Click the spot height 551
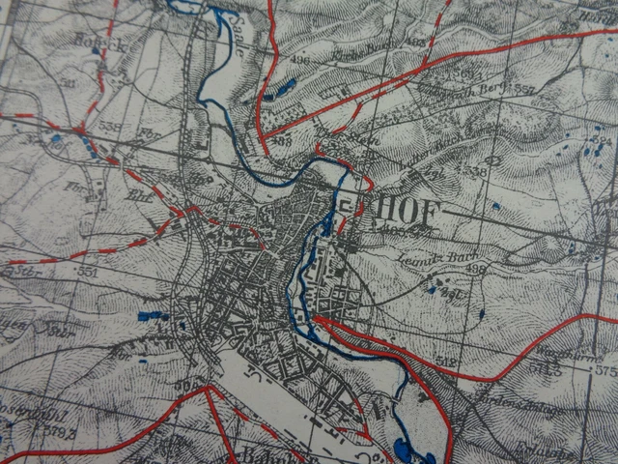tap(88, 273)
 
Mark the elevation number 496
tap(299, 60)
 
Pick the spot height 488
tap(282, 141)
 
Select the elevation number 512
tap(445, 361)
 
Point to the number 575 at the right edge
tap(604, 369)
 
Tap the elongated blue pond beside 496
tap(283, 89)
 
